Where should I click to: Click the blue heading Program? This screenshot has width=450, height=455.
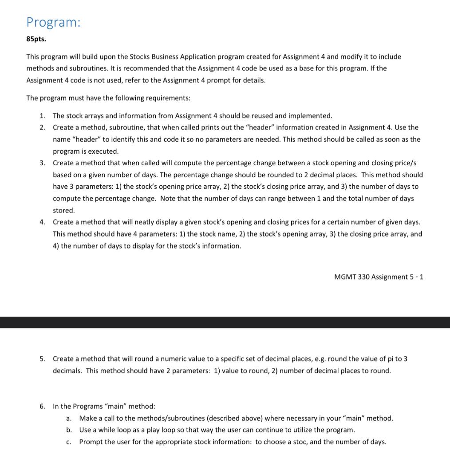click(x=53, y=22)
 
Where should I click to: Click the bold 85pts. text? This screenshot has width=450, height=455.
click(x=36, y=39)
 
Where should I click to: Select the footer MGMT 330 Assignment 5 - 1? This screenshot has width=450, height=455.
click(x=379, y=277)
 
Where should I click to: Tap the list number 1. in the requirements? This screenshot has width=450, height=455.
click(x=42, y=116)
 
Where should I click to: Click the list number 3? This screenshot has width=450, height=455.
click(x=42, y=163)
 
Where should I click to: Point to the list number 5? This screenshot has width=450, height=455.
click(x=42, y=359)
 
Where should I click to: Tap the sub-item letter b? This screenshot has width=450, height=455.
click(x=69, y=430)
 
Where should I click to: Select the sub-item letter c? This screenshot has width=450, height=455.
click(x=69, y=442)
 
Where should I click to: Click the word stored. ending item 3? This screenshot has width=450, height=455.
click(x=64, y=210)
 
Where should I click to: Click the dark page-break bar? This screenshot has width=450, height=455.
click(x=225, y=322)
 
